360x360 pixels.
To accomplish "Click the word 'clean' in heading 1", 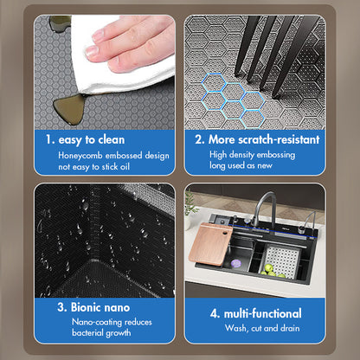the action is point(112,140).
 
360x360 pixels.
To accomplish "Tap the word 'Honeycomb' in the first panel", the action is point(80,156).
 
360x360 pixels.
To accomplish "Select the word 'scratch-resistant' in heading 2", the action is point(280,139).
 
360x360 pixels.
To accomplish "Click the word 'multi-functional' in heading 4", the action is point(263,313).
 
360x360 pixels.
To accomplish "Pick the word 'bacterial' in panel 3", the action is point(87,332).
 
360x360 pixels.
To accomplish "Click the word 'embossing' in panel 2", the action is point(276,155).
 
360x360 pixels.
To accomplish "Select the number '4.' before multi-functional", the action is point(215,313).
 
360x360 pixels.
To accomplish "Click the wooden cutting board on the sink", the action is point(210,244).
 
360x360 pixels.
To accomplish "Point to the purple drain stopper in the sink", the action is point(236,263).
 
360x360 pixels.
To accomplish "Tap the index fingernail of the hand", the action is point(93,51).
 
